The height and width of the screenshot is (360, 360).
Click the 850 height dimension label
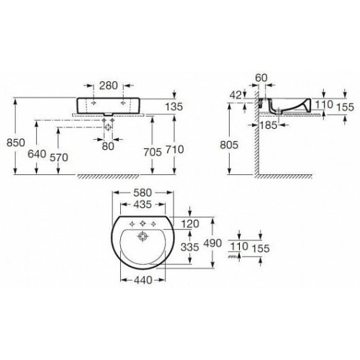[x=16, y=143]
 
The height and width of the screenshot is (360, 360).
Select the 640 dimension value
[x=37, y=154]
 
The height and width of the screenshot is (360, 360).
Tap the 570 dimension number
[x=59, y=158]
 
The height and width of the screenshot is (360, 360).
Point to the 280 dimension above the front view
[x=109, y=86]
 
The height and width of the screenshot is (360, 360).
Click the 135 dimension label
[x=174, y=107]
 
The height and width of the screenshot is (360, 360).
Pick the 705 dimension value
[x=153, y=152]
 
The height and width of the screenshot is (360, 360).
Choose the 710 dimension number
[x=175, y=150]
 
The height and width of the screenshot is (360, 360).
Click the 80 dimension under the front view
[x=108, y=146]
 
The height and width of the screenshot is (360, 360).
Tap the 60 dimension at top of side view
[x=261, y=78]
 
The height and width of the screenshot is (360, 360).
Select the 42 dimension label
[x=235, y=96]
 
